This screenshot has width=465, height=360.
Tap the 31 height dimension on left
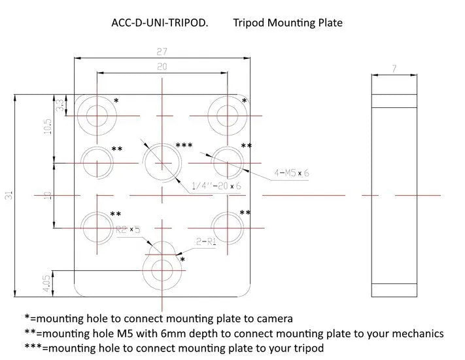click(9, 195)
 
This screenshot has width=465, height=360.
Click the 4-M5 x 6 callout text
click(292, 173)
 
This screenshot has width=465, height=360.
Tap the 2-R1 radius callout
click(206, 242)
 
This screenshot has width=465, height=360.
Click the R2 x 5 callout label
click(128, 230)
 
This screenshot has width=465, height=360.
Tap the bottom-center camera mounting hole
click(161, 269)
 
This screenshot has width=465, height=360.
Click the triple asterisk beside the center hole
click(184, 145)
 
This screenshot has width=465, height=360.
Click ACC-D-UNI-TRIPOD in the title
click(160, 23)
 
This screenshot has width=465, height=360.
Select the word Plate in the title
click(328, 23)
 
